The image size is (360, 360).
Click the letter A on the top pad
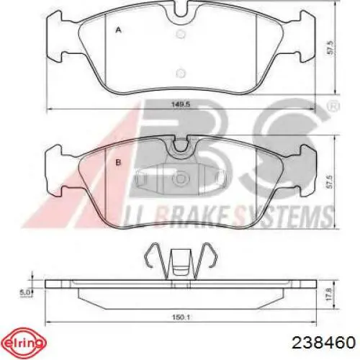118,30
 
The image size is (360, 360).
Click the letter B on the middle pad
118,163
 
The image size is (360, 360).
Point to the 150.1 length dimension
181,318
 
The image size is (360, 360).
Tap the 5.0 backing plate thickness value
24,292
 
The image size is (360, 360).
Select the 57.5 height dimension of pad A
330,48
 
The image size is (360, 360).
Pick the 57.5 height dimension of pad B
330,181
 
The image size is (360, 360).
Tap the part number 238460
323,343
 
